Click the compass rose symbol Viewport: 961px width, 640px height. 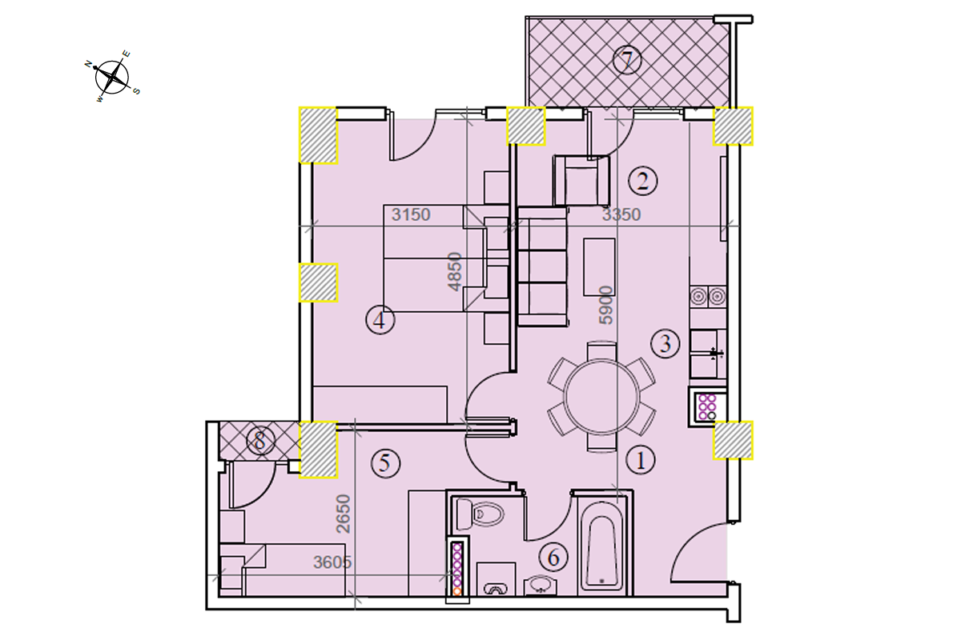click(x=112, y=78)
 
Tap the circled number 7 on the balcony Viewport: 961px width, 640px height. click(x=627, y=60)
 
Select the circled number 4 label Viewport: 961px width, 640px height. click(x=380, y=320)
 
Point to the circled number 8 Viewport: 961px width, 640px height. click(x=260, y=440)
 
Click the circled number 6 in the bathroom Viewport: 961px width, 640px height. click(x=553, y=558)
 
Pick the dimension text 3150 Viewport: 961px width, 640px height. click(x=411, y=214)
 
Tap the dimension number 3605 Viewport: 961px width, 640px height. click(x=332, y=562)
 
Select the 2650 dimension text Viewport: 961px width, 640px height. click(x=344, y=514)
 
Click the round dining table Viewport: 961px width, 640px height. click(x=601, y=397)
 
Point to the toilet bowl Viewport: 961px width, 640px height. click(x=480, y=514)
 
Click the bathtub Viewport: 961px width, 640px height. click(x=601, y=546)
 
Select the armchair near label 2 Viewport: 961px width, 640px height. click(x=581, y=181)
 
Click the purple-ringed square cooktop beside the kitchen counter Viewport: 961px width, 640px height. click(x=707, y=406)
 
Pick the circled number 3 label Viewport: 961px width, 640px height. click(x=665, y=343)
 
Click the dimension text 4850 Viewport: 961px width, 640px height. click(x=454, y=272)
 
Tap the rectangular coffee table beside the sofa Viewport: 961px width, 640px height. click(x=599, y=267)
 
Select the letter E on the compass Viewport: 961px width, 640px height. click(x=127, y=54)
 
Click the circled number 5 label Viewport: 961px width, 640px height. click(x=385, y=463)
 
